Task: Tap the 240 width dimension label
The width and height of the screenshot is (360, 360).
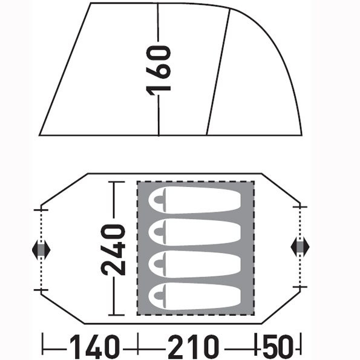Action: tap(113, 250)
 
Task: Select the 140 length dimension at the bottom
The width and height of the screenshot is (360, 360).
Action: tap(94, 347)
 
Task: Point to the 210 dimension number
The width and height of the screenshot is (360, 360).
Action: tap(193, 347)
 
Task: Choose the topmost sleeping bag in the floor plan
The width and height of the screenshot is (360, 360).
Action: tap(195, 200)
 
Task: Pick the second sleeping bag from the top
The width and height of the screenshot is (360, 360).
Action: tap(195, 232)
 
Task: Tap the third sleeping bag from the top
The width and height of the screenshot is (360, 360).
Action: tap(195, 264)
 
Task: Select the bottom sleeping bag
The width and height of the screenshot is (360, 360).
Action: tap(195, 296)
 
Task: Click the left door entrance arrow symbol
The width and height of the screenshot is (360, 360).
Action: tap(41, 249)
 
